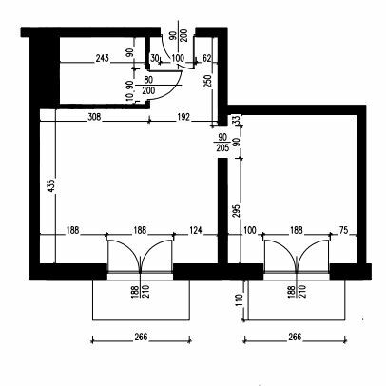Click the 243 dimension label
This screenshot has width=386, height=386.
[x=103, y=58]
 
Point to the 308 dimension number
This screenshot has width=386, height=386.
[x=94, y=117]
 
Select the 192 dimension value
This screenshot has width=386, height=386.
[x=183, y=117]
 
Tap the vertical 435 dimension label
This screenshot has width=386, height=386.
[x=51, y=186]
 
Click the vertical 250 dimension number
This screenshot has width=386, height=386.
[x=208, y=82]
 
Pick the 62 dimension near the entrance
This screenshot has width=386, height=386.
[x=206, y=58]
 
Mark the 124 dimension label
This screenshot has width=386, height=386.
[x=196, y=230]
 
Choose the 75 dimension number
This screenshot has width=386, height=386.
[x=343, y=230]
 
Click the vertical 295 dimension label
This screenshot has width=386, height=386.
[x=237, y=211]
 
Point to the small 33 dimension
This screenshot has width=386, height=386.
[x=237, y=119]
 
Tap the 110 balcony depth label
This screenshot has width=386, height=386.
[x=239, y=300]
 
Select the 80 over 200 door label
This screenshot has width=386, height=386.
[x=148, y=85]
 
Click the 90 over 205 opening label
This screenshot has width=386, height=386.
[x=222, y=143]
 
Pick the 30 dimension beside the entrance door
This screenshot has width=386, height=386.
[x=154, y=58]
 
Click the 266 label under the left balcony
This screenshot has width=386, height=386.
[x=141, y=337]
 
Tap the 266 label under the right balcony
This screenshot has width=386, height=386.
[x=295, y=337]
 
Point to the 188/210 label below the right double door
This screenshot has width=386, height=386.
[x=297, y=292]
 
